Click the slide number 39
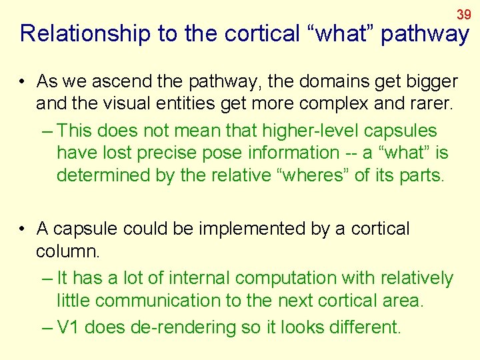(x=464, y=14)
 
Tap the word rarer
(x=409, y=104)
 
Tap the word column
(x=67, y=251)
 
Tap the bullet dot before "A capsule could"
(x=23, y=229)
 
